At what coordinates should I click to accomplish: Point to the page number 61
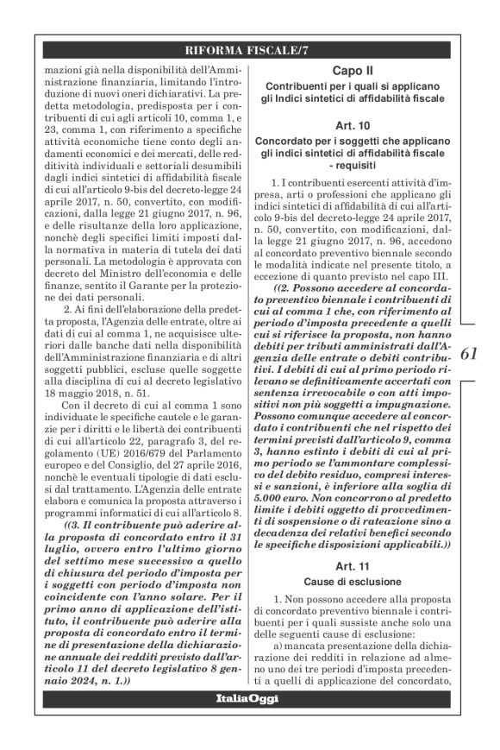click(x=472, y=353)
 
